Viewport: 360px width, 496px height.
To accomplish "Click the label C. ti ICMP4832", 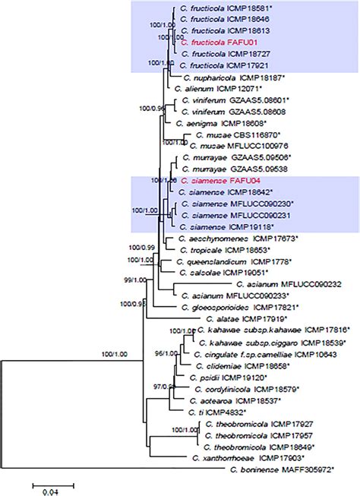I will (x=221, y=410).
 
